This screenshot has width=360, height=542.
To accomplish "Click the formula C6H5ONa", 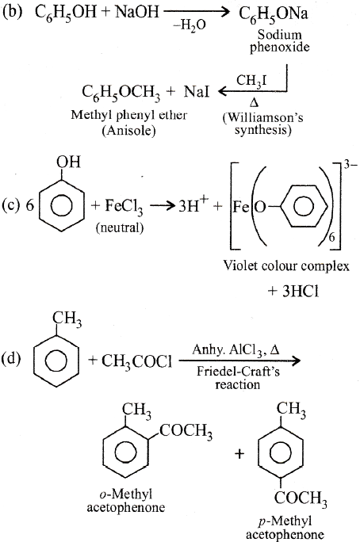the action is pyautogui.click(x=274, y=14).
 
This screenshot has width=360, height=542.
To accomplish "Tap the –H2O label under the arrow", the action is pyautogui.click(x=190, y=25).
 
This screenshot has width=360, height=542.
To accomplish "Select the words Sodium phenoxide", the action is pyautogui.click(x=279, y=40).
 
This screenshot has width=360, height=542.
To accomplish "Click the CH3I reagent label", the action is pyautogui.click(x=251, y=82).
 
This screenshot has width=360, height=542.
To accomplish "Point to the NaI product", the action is pyautogui.click(x=197, y=92).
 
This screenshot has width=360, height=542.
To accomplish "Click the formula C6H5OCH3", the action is pyautogui.click(x=121, y=94).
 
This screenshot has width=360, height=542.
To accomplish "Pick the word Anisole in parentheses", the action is pyautogui.click(x=128, y=131).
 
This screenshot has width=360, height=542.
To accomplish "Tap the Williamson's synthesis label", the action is pyautogui.click(x=262, y=124).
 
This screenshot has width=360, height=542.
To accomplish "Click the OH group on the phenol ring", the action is pyautogui.click(x=68, y=162).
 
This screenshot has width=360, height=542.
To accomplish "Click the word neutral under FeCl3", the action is pyautogui.click(x=120, y=227).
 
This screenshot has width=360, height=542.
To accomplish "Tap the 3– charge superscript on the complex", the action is pyautogui.click(x=350, y=165).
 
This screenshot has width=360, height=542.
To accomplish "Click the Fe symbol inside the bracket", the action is pyautogui.click(x=241, y=207).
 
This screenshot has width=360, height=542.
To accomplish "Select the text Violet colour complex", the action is pyautogui.click(x=286, y=266).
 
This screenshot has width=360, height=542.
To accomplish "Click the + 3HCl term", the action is pyautogui.click(x=293, y=292).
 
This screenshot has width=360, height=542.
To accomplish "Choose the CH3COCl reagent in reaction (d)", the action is pyautogui.click(x=136, y=361).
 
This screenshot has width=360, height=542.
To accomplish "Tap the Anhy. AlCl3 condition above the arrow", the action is pyautogui.click(x=236, y=349).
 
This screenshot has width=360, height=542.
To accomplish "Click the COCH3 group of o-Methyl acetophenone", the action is pyautogui.click(x=186, y=431).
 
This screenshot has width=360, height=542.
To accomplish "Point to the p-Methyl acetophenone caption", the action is pyautogui.click(x=285, y=528).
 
